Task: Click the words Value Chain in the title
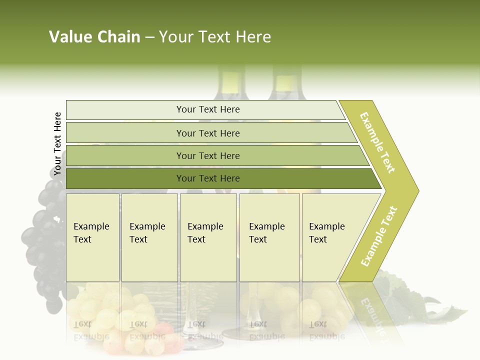94,37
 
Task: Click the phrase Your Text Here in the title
215,37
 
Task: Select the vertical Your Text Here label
57,144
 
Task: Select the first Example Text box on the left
92,237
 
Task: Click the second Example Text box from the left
149,237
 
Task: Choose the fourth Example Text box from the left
269,237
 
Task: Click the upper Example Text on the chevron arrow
377,142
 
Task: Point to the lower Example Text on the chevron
378,236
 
